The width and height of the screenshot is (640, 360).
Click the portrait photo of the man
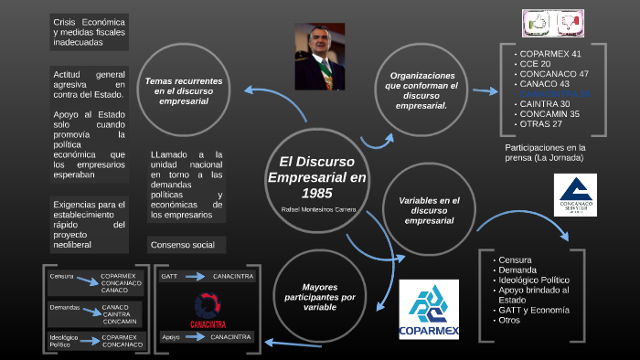click(319, 56)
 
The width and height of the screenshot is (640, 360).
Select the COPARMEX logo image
click(429, 310)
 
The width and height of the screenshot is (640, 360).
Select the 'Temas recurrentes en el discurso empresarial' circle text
click(190, 91)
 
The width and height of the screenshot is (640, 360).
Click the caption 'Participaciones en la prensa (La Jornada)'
click(545, 153)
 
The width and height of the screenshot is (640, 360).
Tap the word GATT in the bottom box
click(169, 276)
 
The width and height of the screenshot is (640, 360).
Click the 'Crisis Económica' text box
click(90, 31)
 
